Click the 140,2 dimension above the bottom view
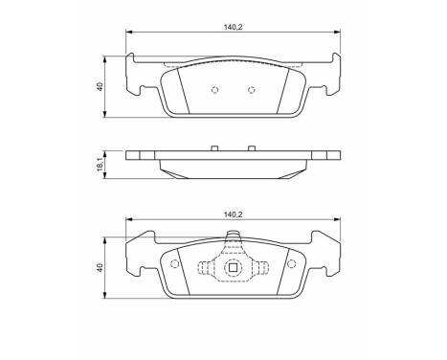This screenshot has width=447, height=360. pyautogui.click(x=234, y=216)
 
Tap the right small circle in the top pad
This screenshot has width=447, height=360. pyautogui.click(x=251, y=92)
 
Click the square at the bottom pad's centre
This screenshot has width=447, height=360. pyautogui.click(x=231, y=269)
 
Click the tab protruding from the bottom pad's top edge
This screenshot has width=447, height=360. pyautogui.click(x=231, y=238)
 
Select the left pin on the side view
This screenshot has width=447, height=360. pyautogui.click(x=214, y=149)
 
